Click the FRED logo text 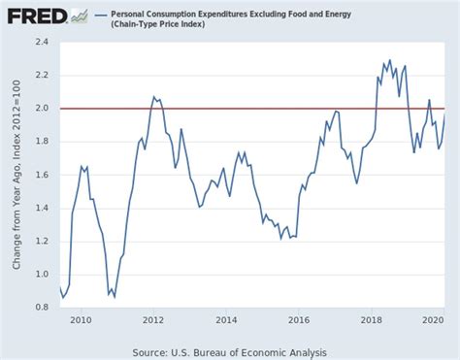coord(36,16)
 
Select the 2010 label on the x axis coord(81,318)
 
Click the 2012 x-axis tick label coord(153,318)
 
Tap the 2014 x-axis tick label coord(226,318)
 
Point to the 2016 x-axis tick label coord(299,318)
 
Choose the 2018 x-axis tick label coord(371,318)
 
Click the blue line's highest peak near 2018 coord(390,60)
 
